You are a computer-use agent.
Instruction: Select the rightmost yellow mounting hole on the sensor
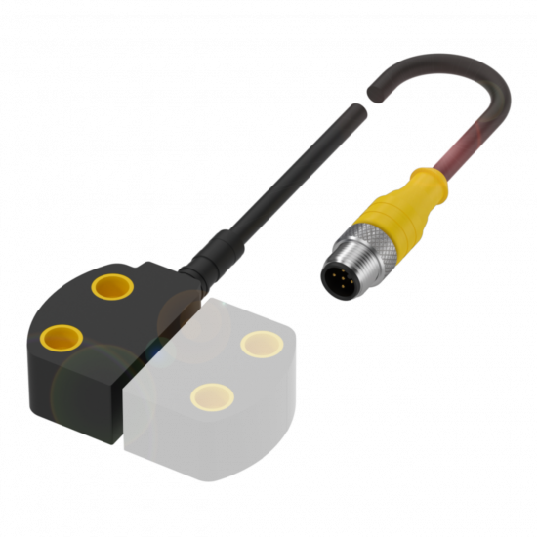[261, 344]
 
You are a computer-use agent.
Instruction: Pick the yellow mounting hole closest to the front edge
[212, 395]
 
